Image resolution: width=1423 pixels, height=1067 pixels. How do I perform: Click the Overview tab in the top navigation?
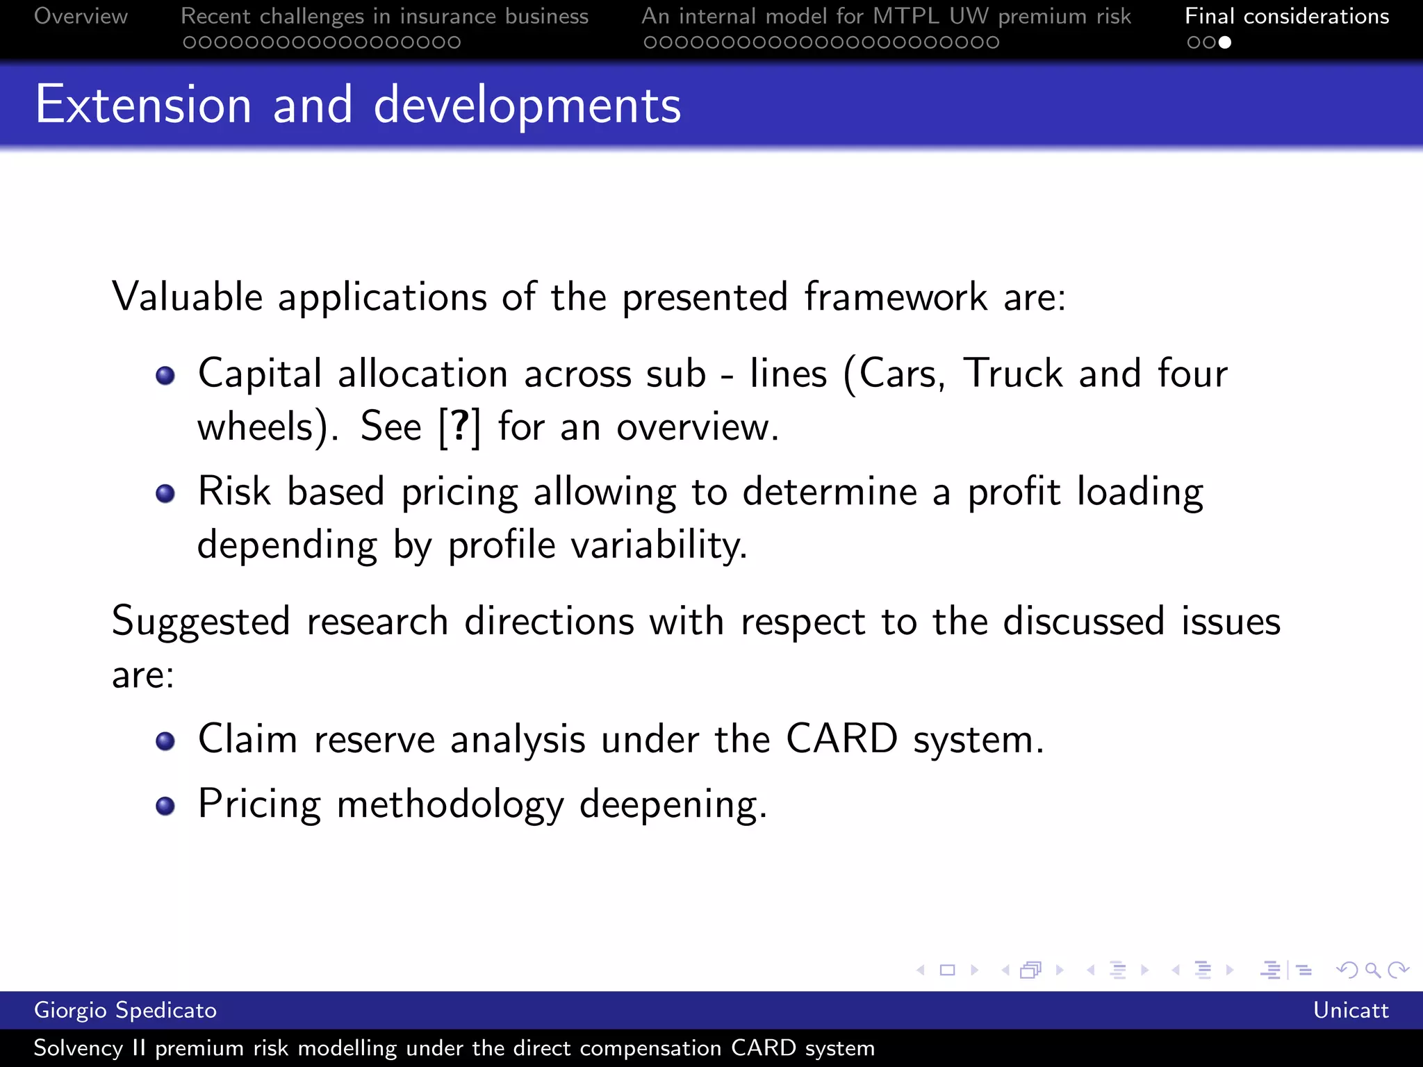pyautogui.click(x=81, y=16)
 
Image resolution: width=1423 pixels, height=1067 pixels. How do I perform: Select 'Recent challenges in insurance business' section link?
pyautogui.click(x=384, y=16)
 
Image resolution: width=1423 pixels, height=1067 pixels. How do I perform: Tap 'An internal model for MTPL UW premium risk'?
pyautogui.click(x=886, y=16)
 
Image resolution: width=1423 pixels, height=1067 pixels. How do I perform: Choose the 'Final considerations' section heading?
pyautogui.click(x=1287, y=16)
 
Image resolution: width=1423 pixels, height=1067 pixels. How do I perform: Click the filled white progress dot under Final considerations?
pyautogui.click(x=1225, y=42)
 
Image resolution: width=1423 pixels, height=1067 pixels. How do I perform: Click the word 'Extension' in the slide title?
pyautogui.click(x=143, y=105)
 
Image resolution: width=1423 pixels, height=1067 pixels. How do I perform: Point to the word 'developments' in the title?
pyautogui.click(x=527, y=106)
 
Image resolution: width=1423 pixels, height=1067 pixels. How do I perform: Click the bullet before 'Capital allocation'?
pyautogui.click(x=165, y=376)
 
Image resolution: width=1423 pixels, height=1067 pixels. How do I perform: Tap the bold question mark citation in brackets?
pyautogui.click(x=459, y=426)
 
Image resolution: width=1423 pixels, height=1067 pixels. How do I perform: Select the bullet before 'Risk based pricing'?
pyautogui.click(x=165, y=494)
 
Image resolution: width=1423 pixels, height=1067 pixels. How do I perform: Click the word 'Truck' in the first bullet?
pyautogui.click(x=1012, y=374)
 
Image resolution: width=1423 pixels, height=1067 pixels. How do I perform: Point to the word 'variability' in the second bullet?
pyautogui.click(x=658, y=545)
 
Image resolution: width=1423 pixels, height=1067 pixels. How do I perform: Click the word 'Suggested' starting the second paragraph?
pyautogui.click(x=201, y=622)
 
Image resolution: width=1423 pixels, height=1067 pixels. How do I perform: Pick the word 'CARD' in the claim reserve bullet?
pyautogui.click(x=841, y=738)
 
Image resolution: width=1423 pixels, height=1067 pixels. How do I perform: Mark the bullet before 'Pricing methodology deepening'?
pyautogui.click(x=165, y=806)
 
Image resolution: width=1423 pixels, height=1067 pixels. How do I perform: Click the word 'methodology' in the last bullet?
pyautogui.click(x=450, y=806)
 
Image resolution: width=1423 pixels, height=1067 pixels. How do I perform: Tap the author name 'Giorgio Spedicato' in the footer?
pyautogui.click(x=125, y=1010)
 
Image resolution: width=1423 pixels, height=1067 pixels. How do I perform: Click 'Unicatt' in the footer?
pyautogui.click(x=1350, y=1010)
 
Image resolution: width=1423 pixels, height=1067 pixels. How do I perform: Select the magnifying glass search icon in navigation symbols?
pyautogui.click(x=1372, y=970)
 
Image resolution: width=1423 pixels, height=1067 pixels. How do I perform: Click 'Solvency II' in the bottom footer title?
pyautogui.click(x=90, y=1048)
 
